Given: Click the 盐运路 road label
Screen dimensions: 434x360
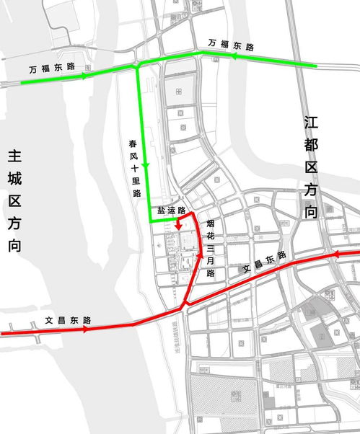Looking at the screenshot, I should [x=172, y=211].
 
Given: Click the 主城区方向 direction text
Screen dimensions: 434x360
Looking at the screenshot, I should [x=15, y=200].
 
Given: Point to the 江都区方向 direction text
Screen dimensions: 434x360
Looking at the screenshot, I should [x=311, y=166].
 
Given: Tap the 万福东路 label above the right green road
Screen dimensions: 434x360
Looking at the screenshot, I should [x=231, y=45].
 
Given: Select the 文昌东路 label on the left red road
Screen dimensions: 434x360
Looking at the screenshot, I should [x=68, y=319].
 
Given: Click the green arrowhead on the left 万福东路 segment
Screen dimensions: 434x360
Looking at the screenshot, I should [x=86, y=75].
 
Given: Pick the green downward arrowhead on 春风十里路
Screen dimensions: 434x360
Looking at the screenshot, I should [x=146, y=167].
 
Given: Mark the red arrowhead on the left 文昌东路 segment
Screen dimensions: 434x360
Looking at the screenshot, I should [x=87, y=329].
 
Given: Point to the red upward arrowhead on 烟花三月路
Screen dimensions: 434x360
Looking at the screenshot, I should [x=200, y=256].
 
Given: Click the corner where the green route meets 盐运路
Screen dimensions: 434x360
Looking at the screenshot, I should [x=149, y=223].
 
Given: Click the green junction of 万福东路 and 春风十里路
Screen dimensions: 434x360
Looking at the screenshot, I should [x=137, y=66].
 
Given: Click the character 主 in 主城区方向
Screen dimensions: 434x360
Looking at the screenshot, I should [x=15, y=156].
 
